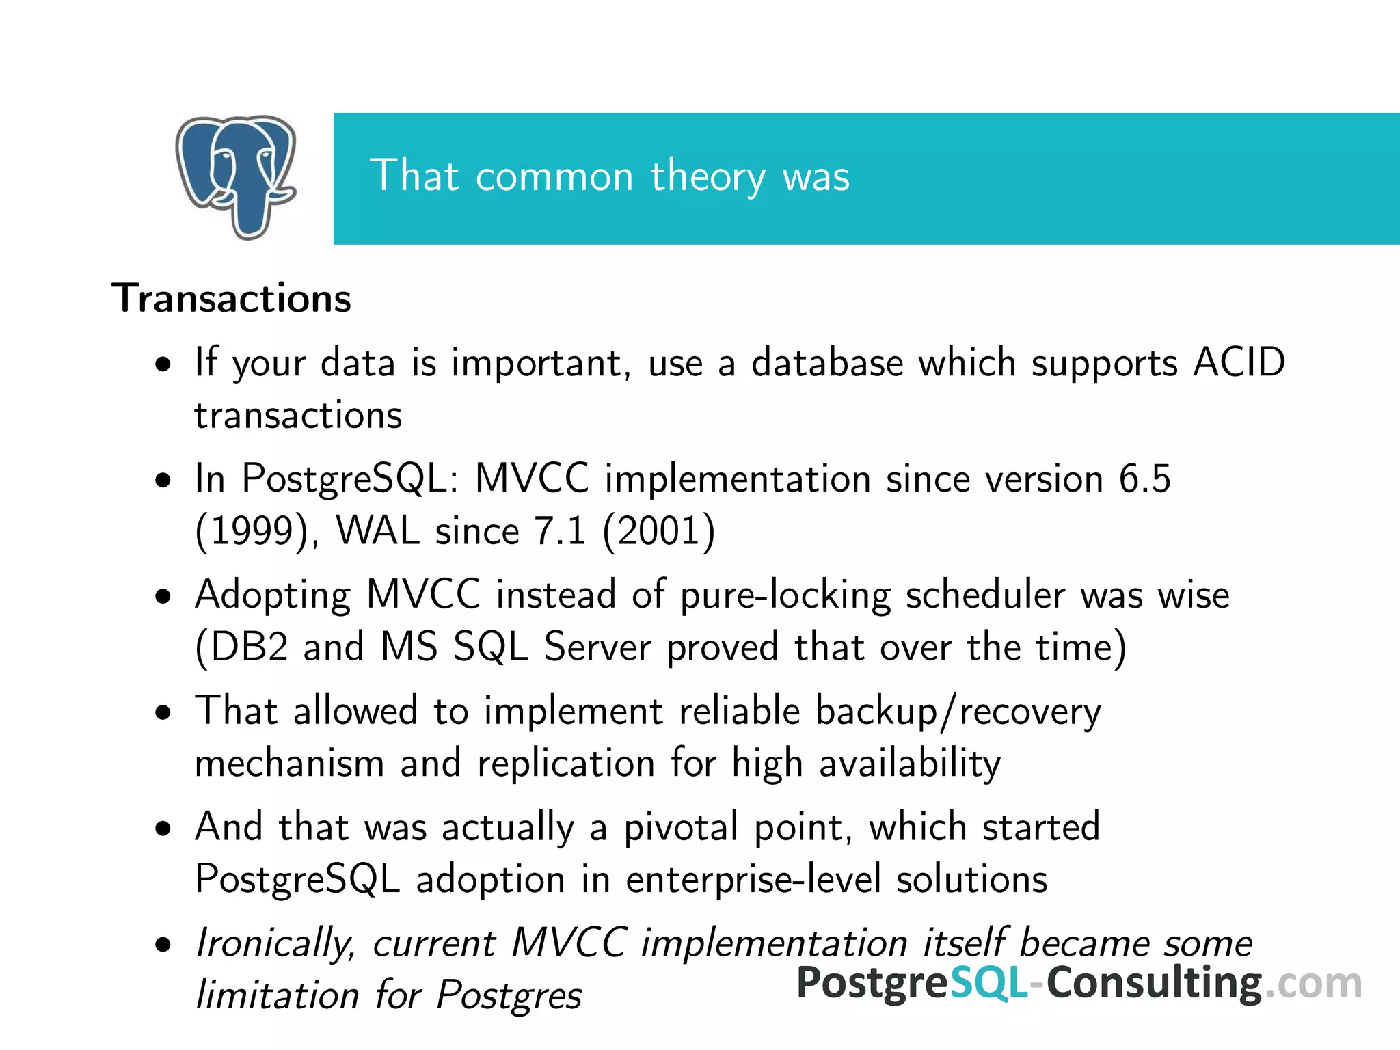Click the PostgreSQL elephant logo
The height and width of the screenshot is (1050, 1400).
236,176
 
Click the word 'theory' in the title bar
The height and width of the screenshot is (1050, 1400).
708,176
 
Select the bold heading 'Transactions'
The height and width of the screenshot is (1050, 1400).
232,299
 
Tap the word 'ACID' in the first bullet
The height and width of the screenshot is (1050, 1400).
1239,362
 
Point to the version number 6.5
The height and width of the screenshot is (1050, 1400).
1145,478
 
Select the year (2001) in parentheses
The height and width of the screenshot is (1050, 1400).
659,531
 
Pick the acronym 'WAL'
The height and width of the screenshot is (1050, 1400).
377,531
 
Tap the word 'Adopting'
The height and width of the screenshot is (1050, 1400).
273,595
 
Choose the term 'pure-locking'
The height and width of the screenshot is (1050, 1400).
785,595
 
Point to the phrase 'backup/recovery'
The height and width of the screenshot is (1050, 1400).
958,712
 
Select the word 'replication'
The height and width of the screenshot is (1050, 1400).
566,763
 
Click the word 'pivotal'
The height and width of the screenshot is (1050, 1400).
680,827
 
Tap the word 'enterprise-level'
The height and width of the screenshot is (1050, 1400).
753,879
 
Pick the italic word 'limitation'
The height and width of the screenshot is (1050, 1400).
278,995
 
